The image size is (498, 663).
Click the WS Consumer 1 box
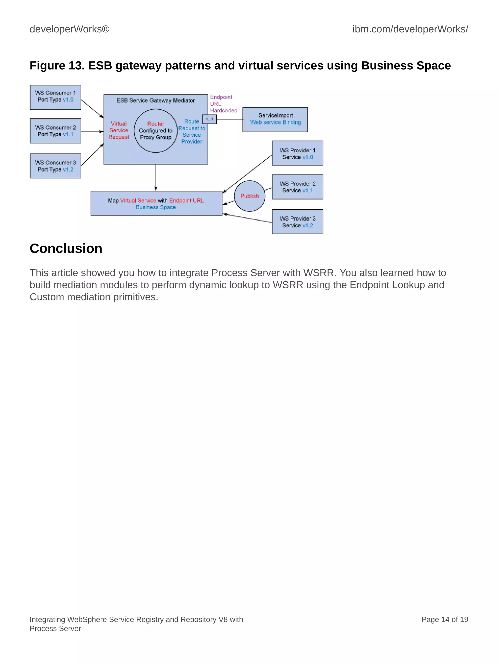tap(55, 97)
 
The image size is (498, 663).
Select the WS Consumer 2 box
tap(55, 131)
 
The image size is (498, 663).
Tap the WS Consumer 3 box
tap(55, 166)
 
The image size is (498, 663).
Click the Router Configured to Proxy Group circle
tap(156, 131)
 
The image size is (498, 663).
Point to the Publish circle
tap(249, 196)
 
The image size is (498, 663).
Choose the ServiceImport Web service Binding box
tap(275, 119)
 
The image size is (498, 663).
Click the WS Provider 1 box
tap(298, 153)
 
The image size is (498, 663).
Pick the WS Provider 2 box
tap(298, 187)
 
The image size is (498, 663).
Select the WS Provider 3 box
tap(298, 222)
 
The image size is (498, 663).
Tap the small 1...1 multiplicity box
tap(209, 119)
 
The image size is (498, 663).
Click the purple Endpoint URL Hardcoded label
tap(223, 104)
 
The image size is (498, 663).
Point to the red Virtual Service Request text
tap(119, 130)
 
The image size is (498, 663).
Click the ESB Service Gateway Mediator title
tap(156, 100)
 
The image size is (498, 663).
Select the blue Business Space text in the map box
tap(156, 207)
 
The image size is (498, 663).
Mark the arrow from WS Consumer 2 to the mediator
tap(92, 132)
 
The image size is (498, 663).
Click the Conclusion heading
tap(66, 248)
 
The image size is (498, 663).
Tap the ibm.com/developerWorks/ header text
tap(410, 29)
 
